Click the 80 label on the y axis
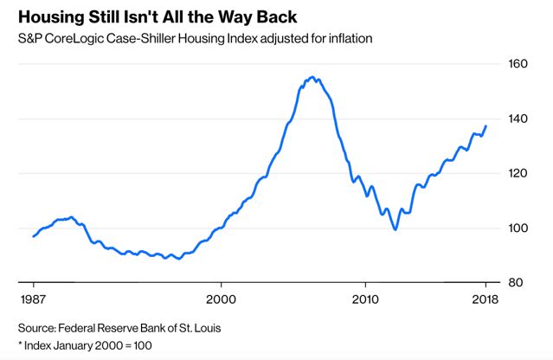pyautogui.click(x=517, y=283)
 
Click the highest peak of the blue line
pyautogui.click(x=312, y=77)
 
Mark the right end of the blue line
pyautogui.click(x=485, y=126)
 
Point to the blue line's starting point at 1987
pyautogui.click(x=33, y=236)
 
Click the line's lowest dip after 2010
pyautogui.click(x=395, y=229)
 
